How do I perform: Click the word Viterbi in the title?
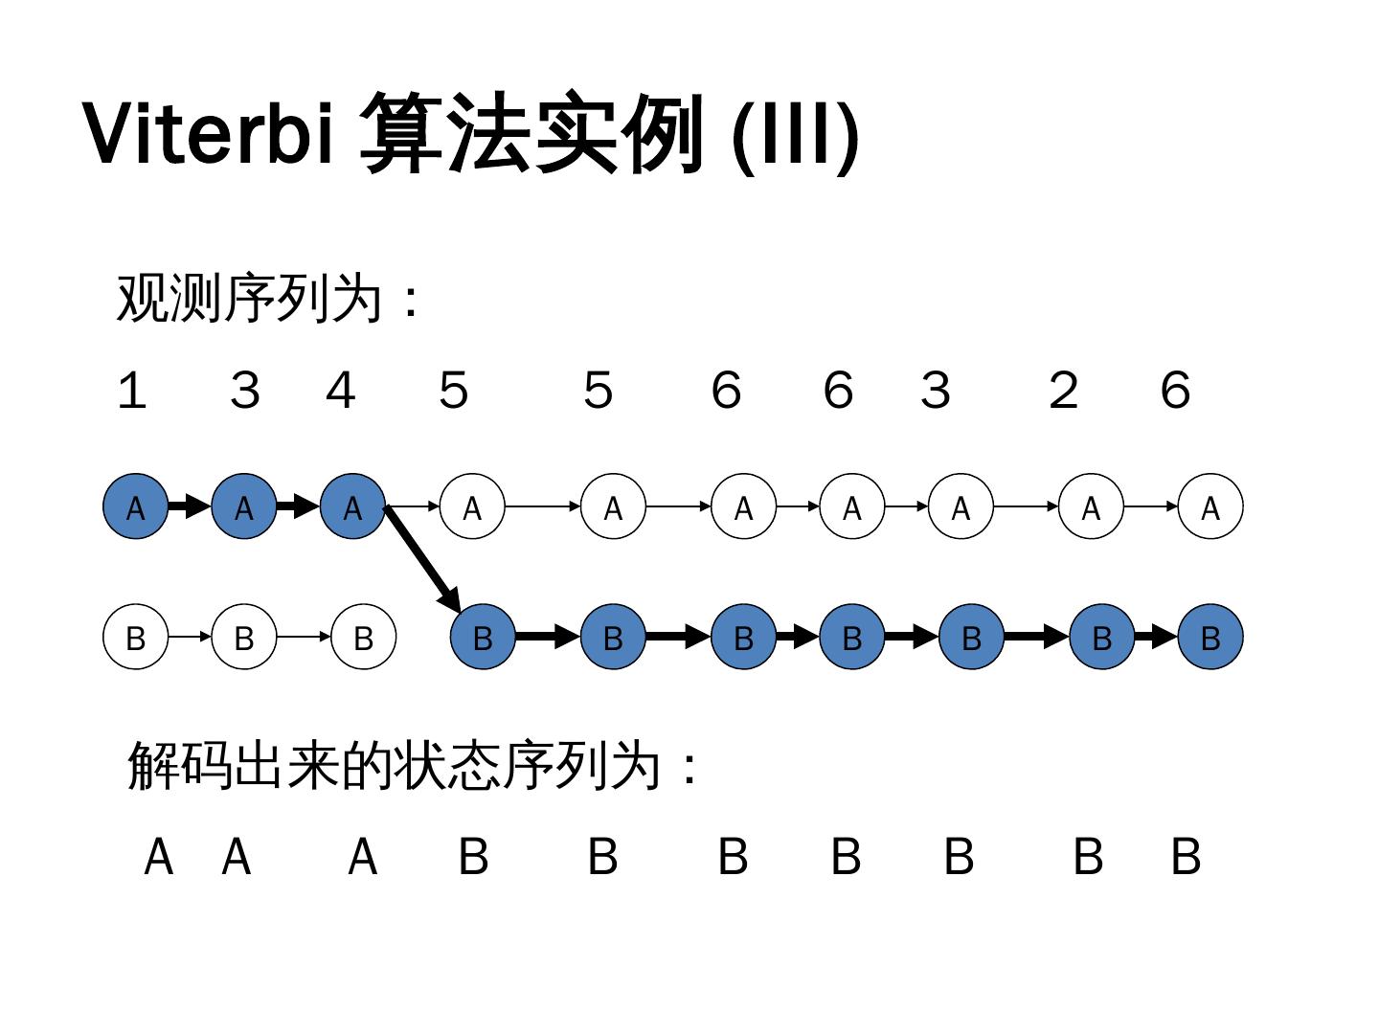[209, 133]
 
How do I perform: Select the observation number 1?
[131, 391]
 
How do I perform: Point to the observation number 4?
[340, 391]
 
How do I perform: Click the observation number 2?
[1063, 391]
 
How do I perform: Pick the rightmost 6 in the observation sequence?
[1175, 391]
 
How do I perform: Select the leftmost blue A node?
[136, 506]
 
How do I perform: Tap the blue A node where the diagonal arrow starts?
[352, 506]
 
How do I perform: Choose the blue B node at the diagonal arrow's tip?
[483, 637]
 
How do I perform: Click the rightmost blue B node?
[1210, 637]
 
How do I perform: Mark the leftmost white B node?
[136, 637]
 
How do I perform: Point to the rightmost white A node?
[1210, 506]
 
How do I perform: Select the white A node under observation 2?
[1091, 506]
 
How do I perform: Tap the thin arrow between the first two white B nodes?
[190, 637]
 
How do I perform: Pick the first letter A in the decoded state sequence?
[159, 857]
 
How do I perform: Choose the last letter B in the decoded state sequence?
[1186, 857]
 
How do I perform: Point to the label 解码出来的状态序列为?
[402, 766]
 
